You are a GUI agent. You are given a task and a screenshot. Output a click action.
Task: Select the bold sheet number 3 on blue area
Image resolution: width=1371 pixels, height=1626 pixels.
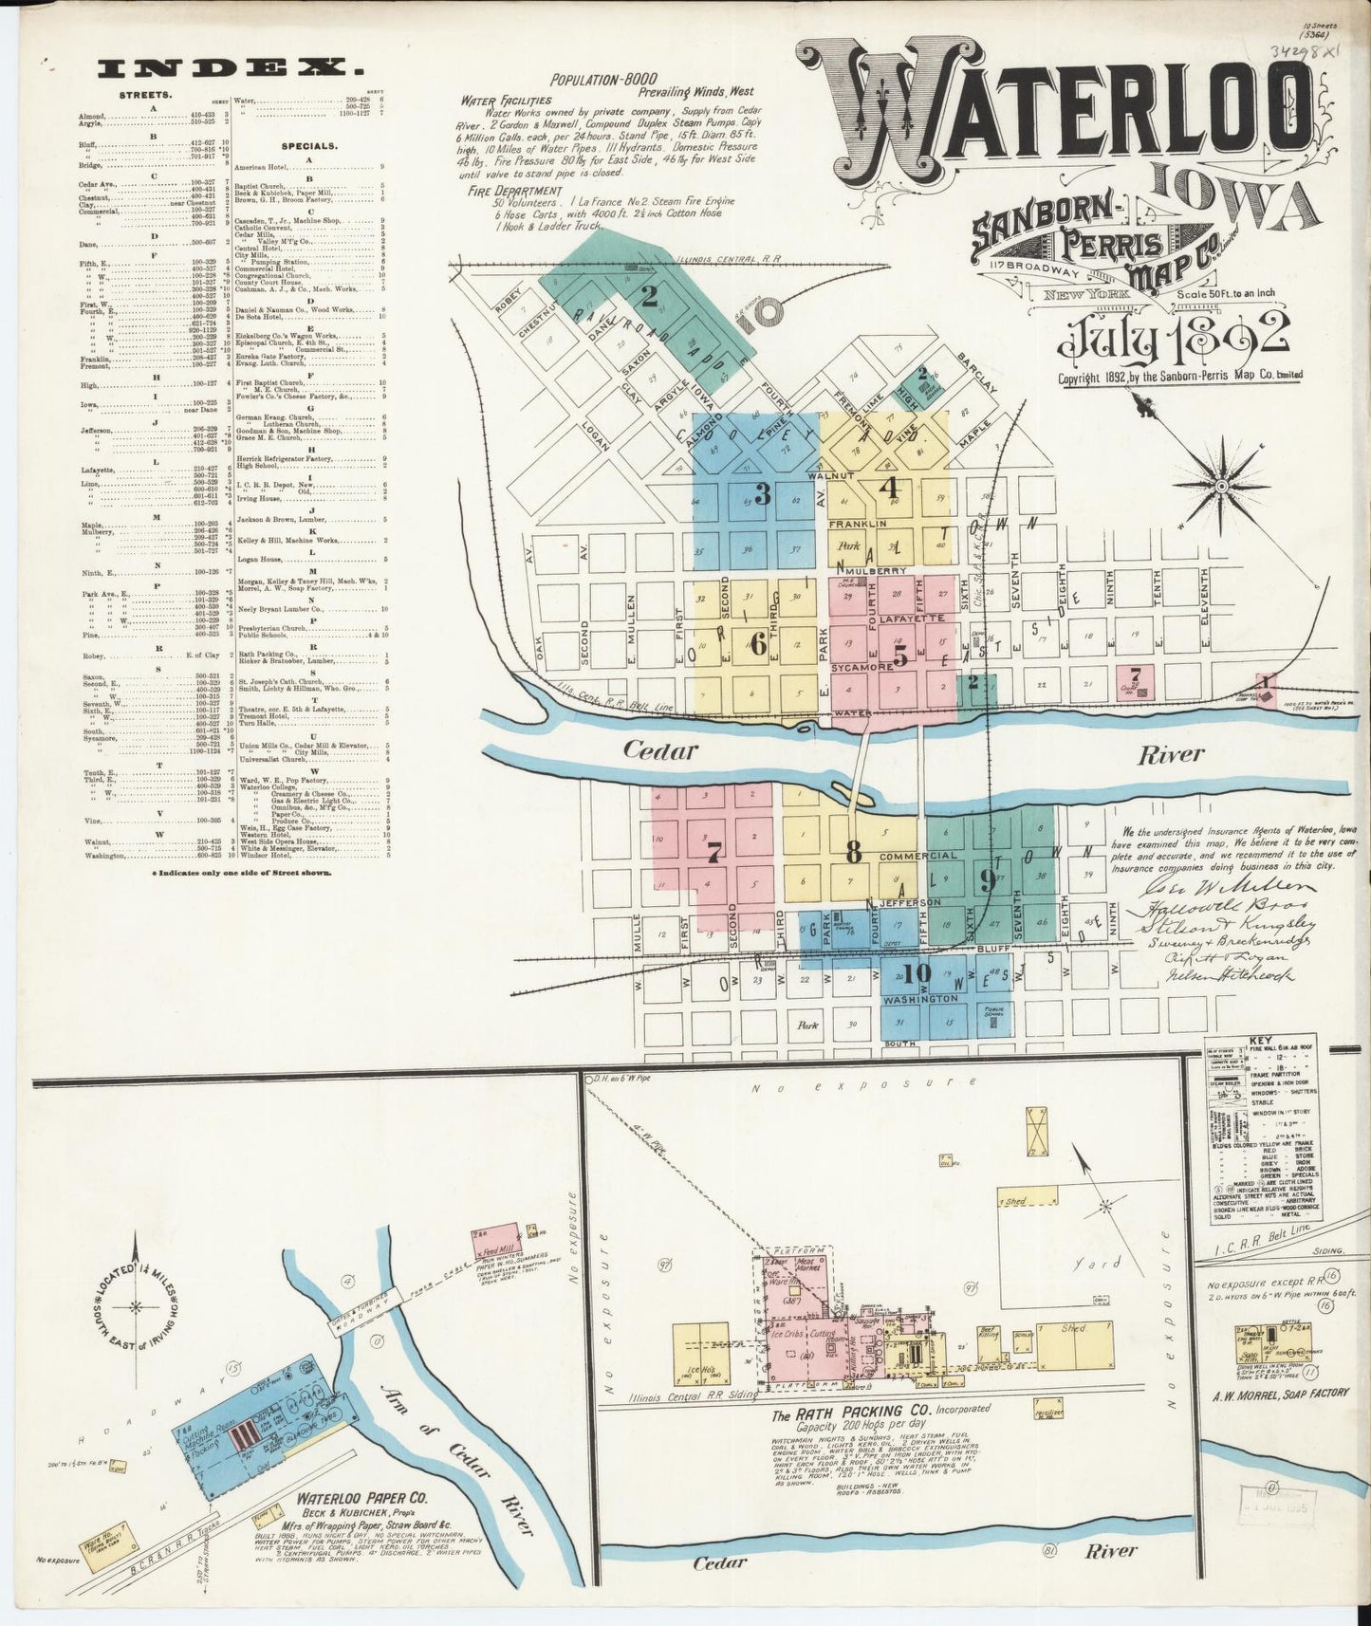pyautogui.click(x=761, y=494)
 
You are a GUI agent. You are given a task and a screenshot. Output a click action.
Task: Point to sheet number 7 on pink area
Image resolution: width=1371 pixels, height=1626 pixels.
pyautogui.click(x=713, y=852)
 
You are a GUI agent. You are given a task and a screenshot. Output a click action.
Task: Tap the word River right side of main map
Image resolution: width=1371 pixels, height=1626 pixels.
pyautogui.click(x=1173, y=754)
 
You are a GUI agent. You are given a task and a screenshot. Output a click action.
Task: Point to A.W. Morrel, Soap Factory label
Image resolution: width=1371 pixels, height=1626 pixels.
pyautogui.click(x=1280, y=1394)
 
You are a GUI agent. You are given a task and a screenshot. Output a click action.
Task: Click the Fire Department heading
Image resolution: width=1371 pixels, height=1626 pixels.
pyautogui.click(x=509, y=191)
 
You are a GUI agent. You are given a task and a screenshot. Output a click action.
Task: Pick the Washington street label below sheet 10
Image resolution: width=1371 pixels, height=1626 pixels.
pyautogui.click(x=919, y=999)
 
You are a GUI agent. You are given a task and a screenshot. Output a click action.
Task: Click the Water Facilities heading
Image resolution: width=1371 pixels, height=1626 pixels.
pyautogui.click(x=506, y=100)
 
